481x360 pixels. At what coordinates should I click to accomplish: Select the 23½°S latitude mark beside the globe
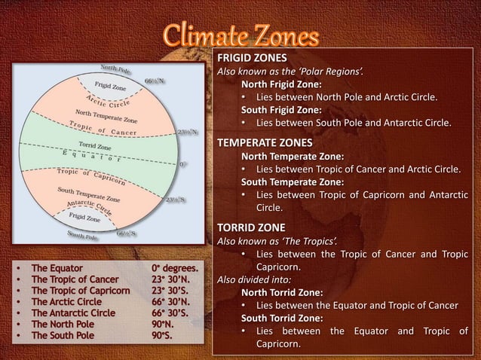[176, 200]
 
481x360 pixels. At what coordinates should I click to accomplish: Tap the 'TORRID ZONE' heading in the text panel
[251, 227]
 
